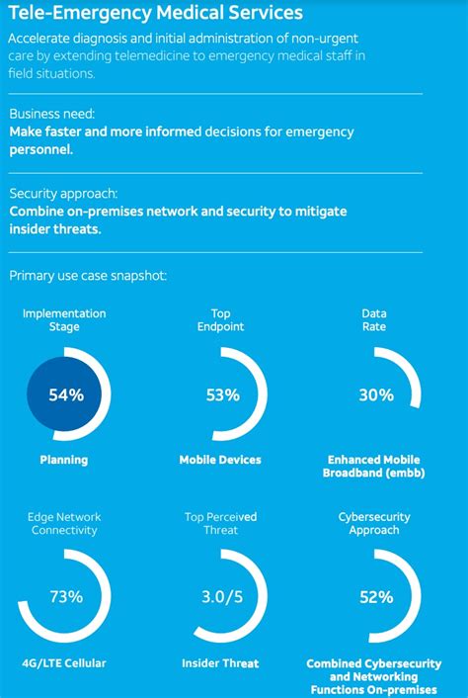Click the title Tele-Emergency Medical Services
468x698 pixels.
(x=156, y=14)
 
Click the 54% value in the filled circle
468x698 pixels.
(x=67, y=394)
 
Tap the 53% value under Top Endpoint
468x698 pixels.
(x=223, y=394)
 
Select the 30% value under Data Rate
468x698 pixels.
(x=376, y=394)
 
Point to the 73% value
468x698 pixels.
(x=67, y=597)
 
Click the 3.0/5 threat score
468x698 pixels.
(x=223, y=597)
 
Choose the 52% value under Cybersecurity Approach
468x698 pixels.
(x=376, y=597)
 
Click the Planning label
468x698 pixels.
(x=63, y=460)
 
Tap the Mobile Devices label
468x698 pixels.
(x=220, y=460)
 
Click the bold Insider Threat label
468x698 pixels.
(x=221, y=663)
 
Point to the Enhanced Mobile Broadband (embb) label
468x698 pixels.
(x=374, y=466)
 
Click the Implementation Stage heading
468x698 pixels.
(x=64, y=319)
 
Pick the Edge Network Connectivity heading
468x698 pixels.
(x=64, y=524)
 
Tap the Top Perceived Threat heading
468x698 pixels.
(x=221, y=524)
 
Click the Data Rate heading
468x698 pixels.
(x=374, y=319)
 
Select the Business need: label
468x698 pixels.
(x=51, y=115)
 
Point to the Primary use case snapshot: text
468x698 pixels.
(x=88, y=275)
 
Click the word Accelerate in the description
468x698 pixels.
(x=39, y=38)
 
